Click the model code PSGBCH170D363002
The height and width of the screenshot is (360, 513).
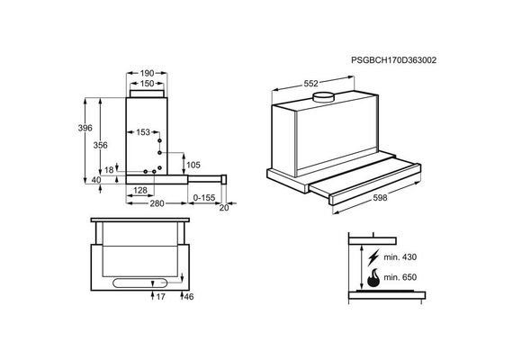click(393, 60)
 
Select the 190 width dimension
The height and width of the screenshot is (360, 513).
click(147, 73)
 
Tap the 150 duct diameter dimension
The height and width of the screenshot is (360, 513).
click(147, 84)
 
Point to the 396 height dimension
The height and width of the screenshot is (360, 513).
click(85, 128)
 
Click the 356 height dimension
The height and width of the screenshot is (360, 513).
click(100, 145)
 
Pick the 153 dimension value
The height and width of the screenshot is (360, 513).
click(143, 132)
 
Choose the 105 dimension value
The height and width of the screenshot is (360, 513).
click(193, 165)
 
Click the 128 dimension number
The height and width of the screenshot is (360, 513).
click(140, 190)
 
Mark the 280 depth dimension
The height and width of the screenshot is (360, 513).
click(157, 203)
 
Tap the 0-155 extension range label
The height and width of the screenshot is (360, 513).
click(204, 198)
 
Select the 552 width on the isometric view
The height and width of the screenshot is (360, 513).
click(310, 84)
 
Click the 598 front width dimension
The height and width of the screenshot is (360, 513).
click(380, 198)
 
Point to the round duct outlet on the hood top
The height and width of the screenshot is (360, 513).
click(323, 97)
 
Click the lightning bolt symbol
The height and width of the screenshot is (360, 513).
click(373, 257)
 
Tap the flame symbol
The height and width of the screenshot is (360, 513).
click(373, 278)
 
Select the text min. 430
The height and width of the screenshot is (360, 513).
click(400, 257)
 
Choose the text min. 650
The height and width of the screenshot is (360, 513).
click(400, 277)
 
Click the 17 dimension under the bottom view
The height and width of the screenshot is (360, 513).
click(160, 297)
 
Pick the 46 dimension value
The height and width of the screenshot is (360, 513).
click(189, 297)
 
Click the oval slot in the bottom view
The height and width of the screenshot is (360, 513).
click(140, 283)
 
